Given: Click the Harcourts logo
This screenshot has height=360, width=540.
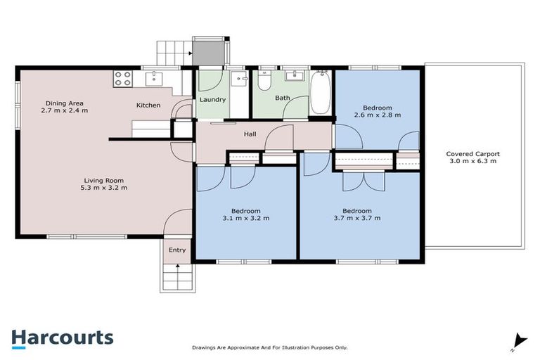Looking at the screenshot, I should [x=63, y=337].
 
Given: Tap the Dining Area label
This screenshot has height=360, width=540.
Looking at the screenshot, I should [x=65, y=103].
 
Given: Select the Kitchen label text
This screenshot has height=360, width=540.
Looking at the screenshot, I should [x=148, y=105].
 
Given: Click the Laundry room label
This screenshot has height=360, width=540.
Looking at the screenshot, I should [x=212, y=100].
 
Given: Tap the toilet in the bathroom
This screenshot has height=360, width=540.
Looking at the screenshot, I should [x=264, y=82].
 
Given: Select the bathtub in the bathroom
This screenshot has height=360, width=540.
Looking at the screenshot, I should [x=320, y=92].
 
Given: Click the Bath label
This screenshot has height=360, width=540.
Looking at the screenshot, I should [x=283, y=98].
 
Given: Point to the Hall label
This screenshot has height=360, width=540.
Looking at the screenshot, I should [x=250, y=134].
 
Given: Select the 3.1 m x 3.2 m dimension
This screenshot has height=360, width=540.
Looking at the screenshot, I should [x=246, y=218].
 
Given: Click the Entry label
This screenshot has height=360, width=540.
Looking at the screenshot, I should [x=177, y=250].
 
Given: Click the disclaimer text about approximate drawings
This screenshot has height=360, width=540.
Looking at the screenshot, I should [x=269, y=347].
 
